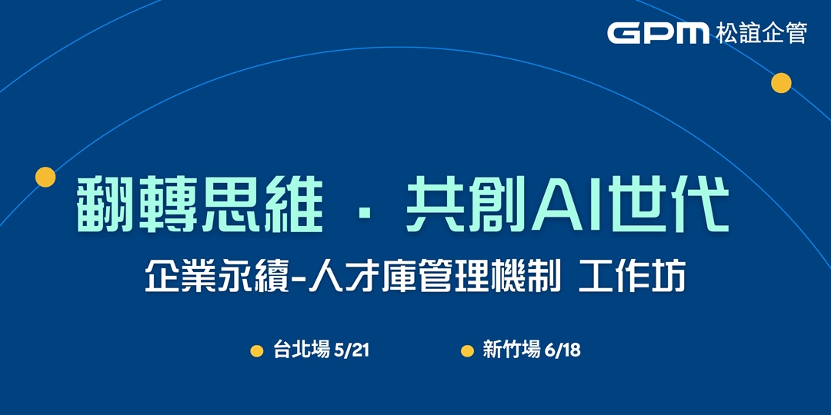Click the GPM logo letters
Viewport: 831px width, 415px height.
point(658,32)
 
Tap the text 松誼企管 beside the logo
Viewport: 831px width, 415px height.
point(760,33)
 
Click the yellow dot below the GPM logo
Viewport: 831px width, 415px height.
point(781,83)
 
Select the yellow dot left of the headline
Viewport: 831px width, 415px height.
point(45,177)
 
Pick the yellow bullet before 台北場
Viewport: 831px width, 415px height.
point(257,351)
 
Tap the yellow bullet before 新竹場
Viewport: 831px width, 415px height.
point(468,351)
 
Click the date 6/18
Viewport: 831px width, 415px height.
point(562,350)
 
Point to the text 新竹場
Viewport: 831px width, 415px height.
point(512,350)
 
